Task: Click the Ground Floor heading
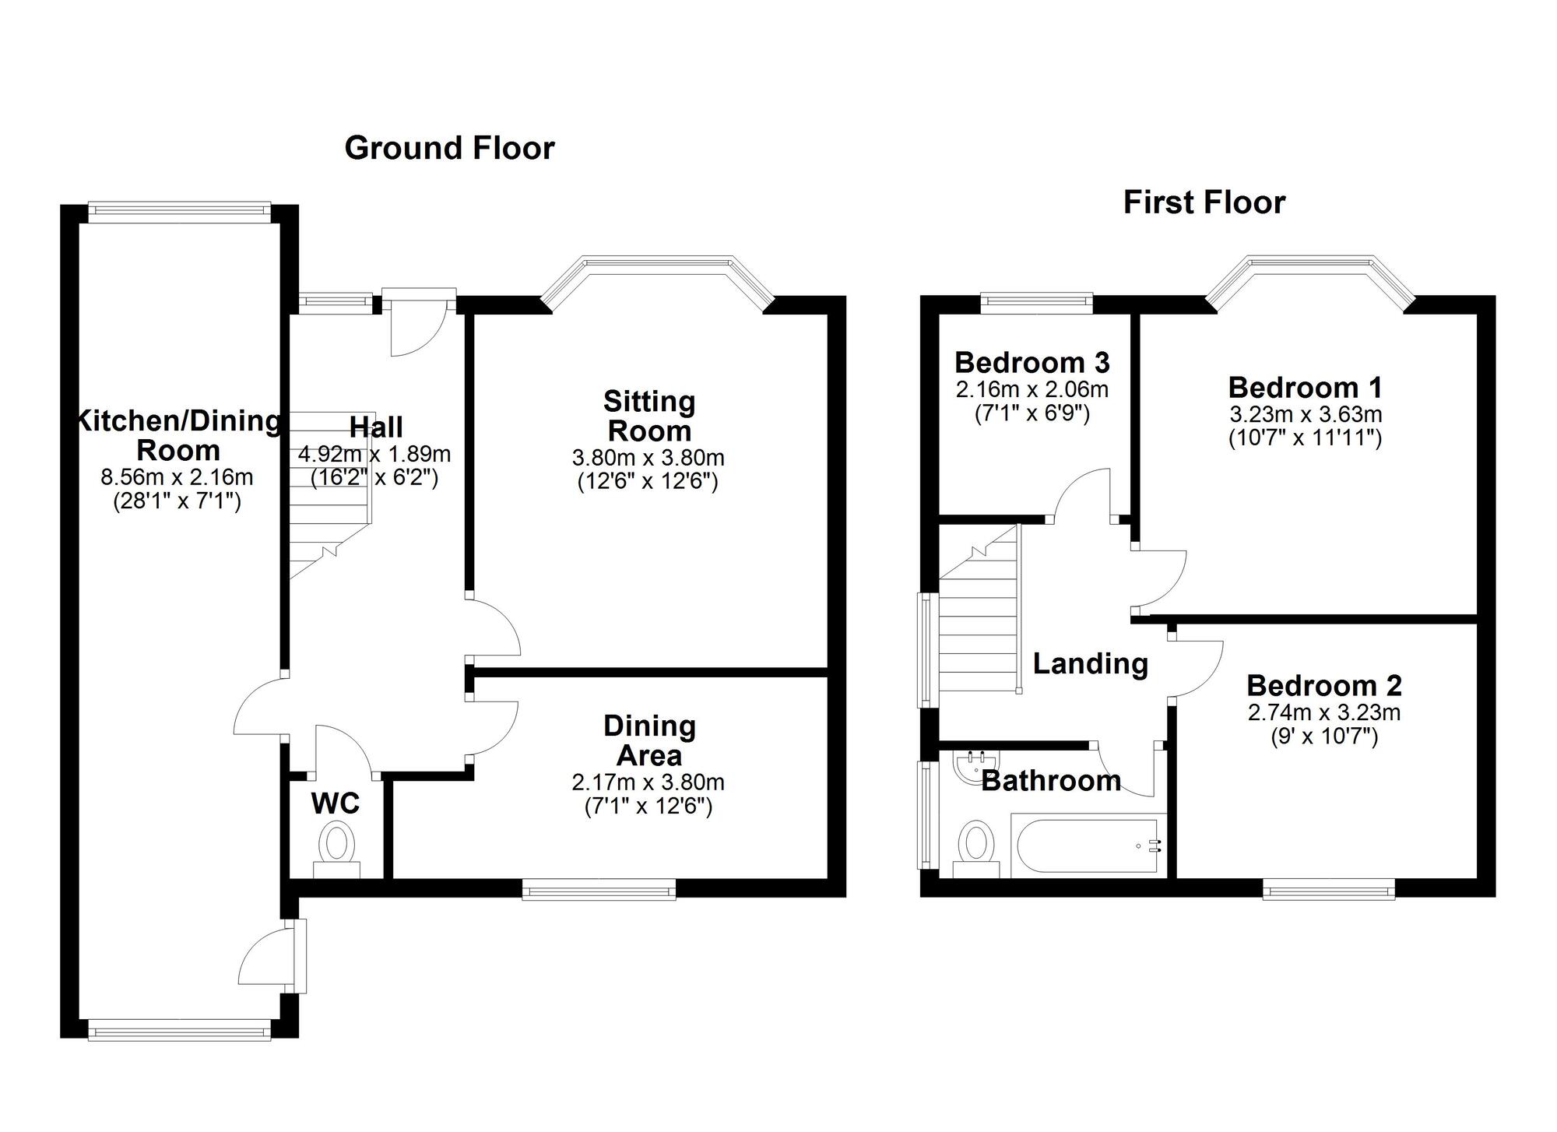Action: (449, 148)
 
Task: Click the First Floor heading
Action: (1204, 202)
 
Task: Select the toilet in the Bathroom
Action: (977, 848)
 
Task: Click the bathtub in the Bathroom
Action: (1088, 845)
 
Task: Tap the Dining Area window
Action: (599, 888)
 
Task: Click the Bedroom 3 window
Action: (1036, 301)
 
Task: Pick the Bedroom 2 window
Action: (1328, 888)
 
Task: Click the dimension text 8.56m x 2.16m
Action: (177, 476)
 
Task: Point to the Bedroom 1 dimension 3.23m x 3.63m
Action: (1306, 414)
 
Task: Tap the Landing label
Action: (1090, 663)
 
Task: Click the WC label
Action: (335, 803)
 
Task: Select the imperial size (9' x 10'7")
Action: (1323, 736)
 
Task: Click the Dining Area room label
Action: (649, 740)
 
